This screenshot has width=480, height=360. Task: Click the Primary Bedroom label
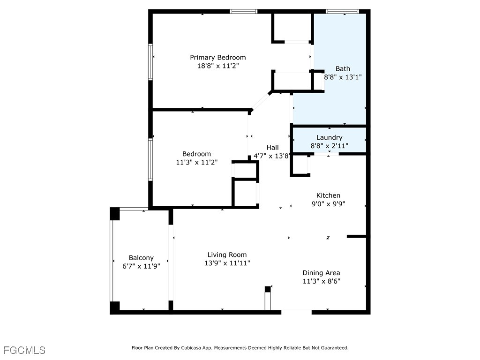(217, 58)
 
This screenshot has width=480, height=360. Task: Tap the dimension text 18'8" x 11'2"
(217, 66)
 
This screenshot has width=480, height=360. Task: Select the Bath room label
(343, 69)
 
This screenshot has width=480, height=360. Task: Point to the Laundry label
(329, 137)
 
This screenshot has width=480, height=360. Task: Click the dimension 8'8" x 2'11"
(329, 146)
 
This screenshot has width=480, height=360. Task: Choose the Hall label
(273, 148)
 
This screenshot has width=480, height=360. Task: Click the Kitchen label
(328, 195)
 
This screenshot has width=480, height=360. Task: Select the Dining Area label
(321, 273)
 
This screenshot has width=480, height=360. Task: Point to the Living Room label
(227, 255)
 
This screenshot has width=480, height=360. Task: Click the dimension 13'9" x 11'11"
(227, 263)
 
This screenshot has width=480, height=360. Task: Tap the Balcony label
(141, 258)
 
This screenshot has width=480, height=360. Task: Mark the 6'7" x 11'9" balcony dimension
(141, 266)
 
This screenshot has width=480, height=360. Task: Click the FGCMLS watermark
(24, 350)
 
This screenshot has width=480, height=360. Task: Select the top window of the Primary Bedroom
(244, 11)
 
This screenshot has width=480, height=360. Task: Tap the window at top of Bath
(342, 11)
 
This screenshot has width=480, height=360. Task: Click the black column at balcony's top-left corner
(115, 213)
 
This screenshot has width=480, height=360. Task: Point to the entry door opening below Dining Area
(296, 310)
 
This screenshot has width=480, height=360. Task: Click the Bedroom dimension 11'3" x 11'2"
(196, 162)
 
